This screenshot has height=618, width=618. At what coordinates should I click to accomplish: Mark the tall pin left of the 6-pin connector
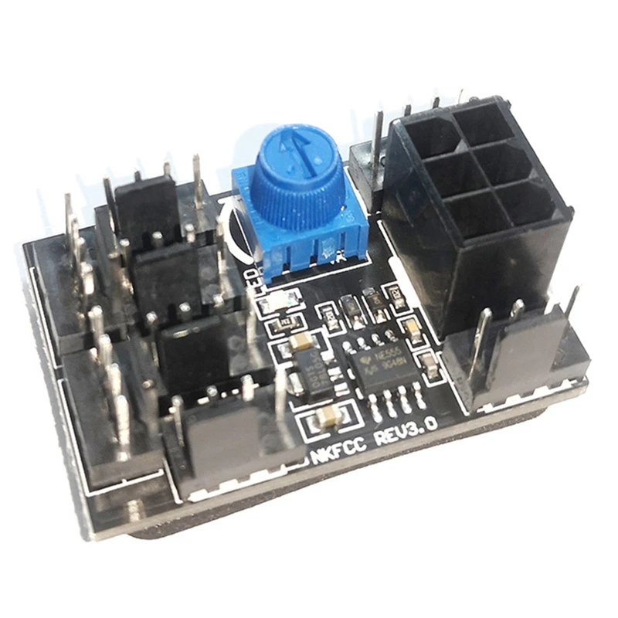pyautogui.click(x=377, y=147)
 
